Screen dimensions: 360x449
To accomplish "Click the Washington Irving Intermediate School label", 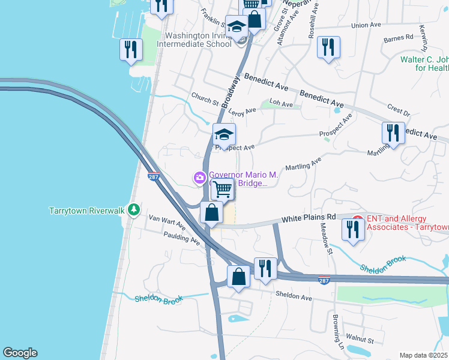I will tap(194, 40).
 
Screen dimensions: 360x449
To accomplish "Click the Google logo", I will tap(20, 353).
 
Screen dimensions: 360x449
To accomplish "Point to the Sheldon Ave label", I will tap(294, 296).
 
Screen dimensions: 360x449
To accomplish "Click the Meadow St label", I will tap(326, 238).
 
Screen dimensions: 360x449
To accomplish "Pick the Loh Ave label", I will tap(281, 104).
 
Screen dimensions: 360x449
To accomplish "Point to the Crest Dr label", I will tap(399, 113).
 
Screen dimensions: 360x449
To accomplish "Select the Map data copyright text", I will tap(423, 355).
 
